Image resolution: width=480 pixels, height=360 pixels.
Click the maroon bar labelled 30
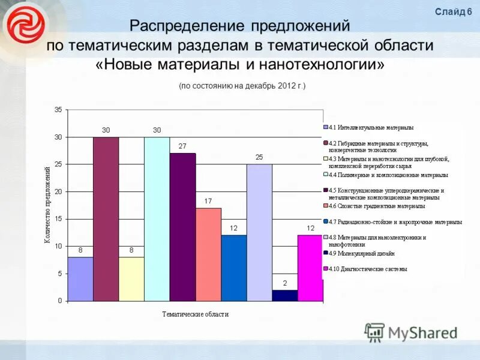click(106, 219)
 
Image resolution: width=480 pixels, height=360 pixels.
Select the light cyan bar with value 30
click(157, 219)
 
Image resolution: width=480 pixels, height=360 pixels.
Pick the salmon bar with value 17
click(208, 254)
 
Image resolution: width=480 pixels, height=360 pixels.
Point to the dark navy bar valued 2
click(285, 295)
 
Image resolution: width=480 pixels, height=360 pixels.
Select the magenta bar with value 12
click(310, 268)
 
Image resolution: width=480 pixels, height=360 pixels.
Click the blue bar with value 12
click(234, 268)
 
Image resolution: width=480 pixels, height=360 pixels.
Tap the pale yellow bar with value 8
click(131, 278)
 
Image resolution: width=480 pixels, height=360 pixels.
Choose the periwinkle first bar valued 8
click(80, 278)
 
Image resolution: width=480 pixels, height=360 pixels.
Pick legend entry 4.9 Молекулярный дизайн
click(362, 253)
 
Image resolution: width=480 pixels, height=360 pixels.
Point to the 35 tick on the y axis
click(58, 110)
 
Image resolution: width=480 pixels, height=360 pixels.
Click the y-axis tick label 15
click(58, 219)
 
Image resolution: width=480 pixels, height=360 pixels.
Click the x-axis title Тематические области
click(196, 314)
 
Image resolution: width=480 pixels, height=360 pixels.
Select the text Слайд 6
click(453, 12)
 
